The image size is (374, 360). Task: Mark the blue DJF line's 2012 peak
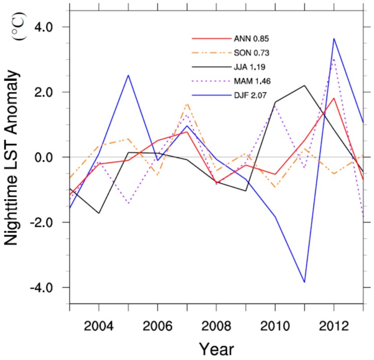[x=334, y=39]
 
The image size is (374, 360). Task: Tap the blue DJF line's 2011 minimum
[x=304, y=282]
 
